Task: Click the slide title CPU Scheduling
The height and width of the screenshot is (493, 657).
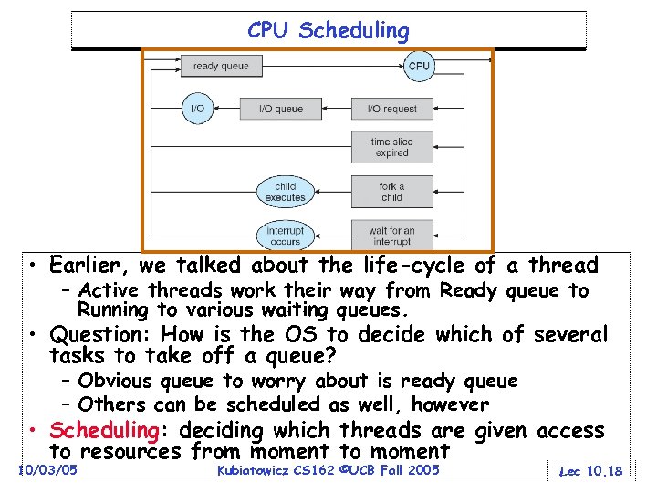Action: [x=328, y=30]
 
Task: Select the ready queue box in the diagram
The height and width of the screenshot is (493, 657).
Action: [x=221, y=66]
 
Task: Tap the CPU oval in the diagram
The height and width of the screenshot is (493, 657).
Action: [x=419, y=66]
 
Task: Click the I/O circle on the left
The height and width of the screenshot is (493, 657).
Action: [x=197, y=109]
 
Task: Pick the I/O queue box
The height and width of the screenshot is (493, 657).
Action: [x=281, y=109]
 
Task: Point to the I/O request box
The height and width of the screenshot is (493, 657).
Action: [x=391, y=109]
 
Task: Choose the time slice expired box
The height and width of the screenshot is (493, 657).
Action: [x=391, y=148]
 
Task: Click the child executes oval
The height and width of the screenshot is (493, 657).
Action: [x=286, y=192]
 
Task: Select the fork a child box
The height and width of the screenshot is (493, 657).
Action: [x=391, y=192]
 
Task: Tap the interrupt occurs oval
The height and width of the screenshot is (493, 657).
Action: [x=286, y=236]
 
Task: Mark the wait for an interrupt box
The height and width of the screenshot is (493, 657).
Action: [x=391, y=236]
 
